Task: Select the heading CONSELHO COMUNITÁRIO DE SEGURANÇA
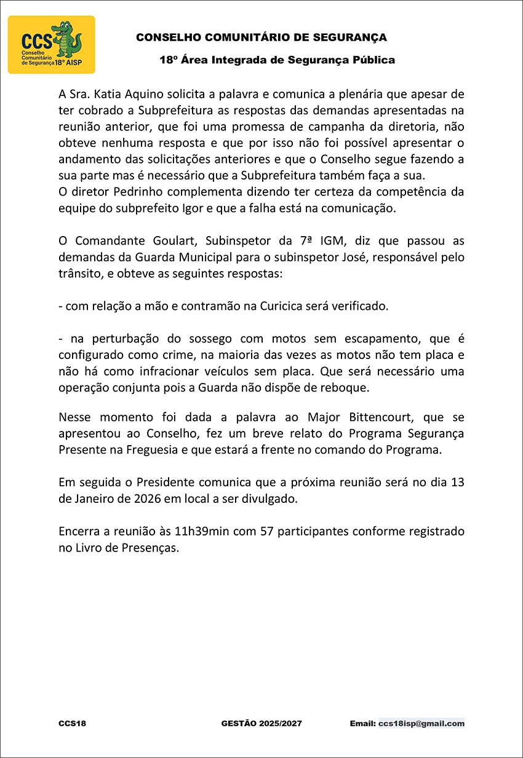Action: (261, 38)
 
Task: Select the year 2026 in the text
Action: (145, 499)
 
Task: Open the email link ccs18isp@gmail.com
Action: (421, 724)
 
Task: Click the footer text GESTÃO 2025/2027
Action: (261, 724)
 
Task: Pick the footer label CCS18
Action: (72, 724)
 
